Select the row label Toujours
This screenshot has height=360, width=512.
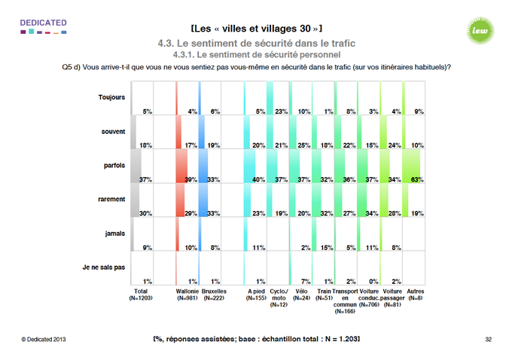click(111, 97)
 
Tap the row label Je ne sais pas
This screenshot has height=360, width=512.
click(104, 267)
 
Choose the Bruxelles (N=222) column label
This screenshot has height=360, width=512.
click(215, 294)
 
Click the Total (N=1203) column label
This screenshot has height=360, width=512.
click(140, 294)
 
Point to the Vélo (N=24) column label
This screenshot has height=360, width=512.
click(303, 294)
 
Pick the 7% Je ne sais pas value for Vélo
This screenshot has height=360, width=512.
click(303, 280)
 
